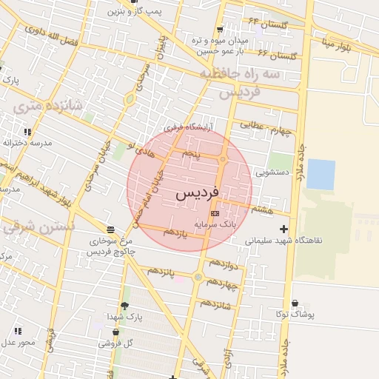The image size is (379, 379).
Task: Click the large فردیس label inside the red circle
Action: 198,193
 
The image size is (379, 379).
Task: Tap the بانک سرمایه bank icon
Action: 215,213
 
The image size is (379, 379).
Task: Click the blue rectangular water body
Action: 321,175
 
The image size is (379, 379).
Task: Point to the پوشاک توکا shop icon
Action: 295,303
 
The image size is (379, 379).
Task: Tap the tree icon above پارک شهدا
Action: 124,306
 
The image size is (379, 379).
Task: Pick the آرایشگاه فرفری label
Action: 188,127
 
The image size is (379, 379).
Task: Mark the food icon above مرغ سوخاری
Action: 110,229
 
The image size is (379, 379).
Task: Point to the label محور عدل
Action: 18,342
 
